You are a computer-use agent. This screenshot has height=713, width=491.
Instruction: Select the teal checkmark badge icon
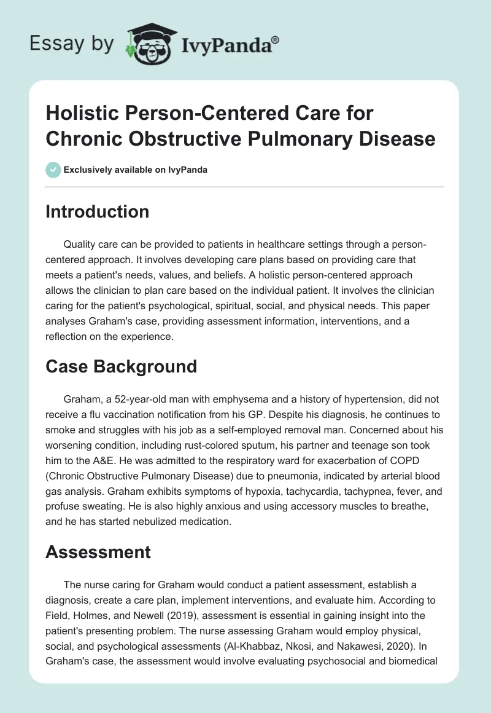[x=54, y=170]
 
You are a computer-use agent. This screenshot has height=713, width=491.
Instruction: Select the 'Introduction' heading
[x=98, y=212]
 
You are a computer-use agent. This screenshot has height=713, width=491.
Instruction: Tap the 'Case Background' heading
[x=121, y=366]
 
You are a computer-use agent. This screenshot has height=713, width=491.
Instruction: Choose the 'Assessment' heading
[x=98, y=552]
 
